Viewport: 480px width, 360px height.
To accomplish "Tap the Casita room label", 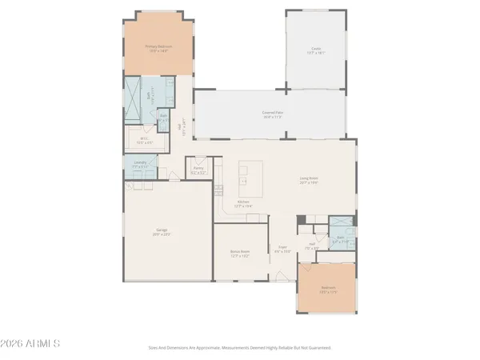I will pos(316,49).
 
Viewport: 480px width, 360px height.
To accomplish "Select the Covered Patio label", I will pos(274,113).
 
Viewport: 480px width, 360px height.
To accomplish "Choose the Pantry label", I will pos(197,169).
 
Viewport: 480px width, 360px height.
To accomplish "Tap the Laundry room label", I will pos(140,162).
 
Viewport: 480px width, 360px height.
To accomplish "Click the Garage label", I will pos(162,231).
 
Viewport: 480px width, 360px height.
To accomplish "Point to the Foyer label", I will pos(282,248).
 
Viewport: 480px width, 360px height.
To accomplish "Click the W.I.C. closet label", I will pos(144,139).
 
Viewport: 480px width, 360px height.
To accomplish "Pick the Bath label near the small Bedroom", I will pos(340,237).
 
